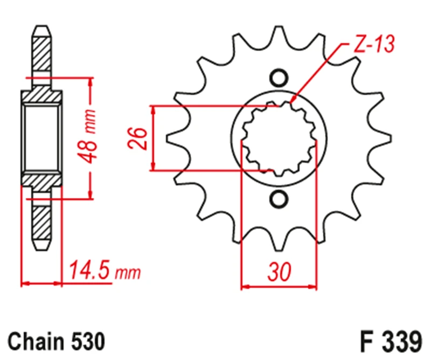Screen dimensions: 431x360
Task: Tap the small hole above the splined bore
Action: [x=279, y=79]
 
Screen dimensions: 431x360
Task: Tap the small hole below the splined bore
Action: [x=279, y=199]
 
